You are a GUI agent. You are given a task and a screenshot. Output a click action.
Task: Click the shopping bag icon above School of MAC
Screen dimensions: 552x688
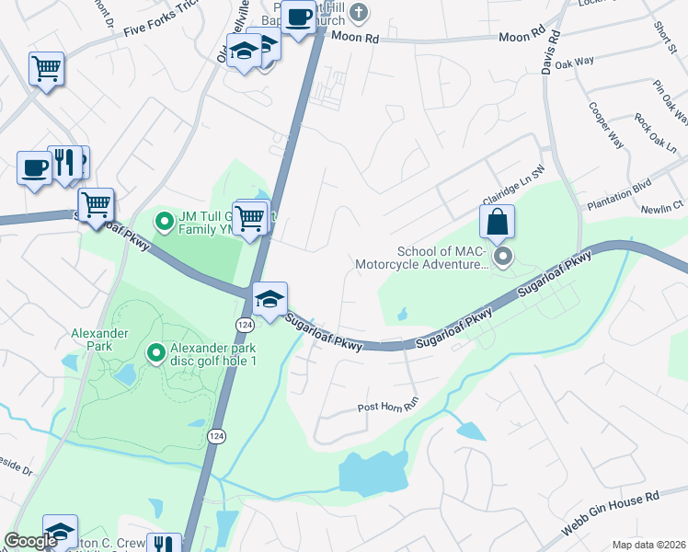coord(497,222)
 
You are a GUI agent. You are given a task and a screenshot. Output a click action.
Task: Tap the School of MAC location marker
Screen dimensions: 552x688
coord(502,258)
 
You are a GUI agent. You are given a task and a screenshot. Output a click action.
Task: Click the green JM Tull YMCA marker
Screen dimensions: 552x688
coord(164,221)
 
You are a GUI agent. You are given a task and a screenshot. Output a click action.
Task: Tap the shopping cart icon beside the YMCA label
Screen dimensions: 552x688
coord(250,218)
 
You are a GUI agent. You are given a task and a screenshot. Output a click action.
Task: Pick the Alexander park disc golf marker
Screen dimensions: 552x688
coord(156,351)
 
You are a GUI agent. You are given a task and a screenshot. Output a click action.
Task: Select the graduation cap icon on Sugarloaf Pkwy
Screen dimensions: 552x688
coord(269,300)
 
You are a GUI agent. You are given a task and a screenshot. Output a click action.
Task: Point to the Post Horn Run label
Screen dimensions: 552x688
coord(387,407)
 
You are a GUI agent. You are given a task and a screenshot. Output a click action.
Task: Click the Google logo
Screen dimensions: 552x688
coord(29,541)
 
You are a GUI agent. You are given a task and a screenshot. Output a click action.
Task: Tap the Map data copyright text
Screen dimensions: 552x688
coord(648,545)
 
